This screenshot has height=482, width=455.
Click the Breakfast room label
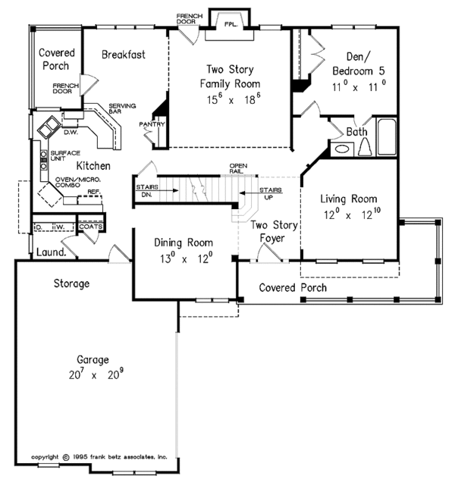[x=124, y=55]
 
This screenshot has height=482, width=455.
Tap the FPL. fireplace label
[x=231, y=24]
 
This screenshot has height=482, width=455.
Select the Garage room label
[x=93, y=359]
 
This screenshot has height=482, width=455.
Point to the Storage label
[x=71, y=283]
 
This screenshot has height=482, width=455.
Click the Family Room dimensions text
[x=234, y=99]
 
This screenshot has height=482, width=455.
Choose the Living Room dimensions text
[x=352, y=214]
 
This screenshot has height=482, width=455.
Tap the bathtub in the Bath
[x=387, y=136]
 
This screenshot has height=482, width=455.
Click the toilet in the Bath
[x=365, y=146]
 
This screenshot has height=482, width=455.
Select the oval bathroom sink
[x=342, y=149]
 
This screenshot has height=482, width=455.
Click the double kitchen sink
[x=49, y=127]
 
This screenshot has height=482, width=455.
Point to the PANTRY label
[x=152, y=124]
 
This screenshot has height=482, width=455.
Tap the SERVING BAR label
[x=122, y=108]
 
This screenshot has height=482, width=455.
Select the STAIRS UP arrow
[x=261, y=193]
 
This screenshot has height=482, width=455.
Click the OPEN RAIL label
[x=238, y=168]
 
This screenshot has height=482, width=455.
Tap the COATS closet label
[x=91, y=227]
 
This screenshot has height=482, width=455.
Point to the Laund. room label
[x=52, y=252]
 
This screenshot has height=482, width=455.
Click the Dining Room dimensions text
[x=186, y=258]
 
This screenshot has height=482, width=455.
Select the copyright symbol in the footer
[x=66, y=457]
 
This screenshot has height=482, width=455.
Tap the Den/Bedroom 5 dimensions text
[x=359, y=87]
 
